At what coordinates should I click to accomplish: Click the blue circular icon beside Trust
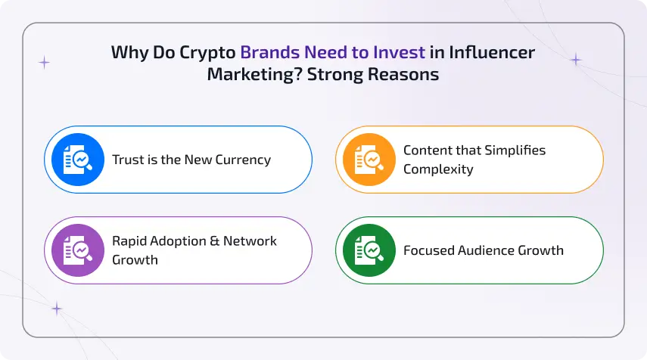[x=78, y=160]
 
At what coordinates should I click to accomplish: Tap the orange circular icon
[x=369, y=160]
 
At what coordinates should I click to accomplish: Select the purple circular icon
[x=78, y=250]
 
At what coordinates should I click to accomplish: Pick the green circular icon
[x=369, y=250]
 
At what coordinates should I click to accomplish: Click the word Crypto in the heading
[x=212, y=53]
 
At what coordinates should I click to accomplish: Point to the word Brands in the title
[x=269, y=53]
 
